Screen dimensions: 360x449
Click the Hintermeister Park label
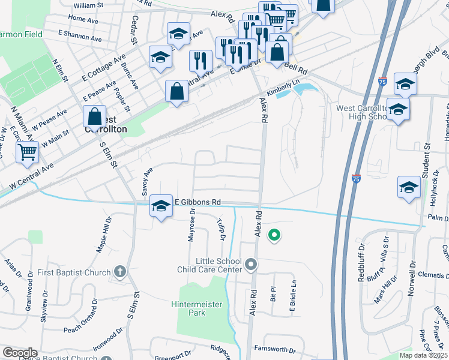tap(196, 308)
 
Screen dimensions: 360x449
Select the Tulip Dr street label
tap(221, 230)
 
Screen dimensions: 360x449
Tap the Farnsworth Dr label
tap(275, 350)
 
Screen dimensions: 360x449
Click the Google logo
tap(20, 353)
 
